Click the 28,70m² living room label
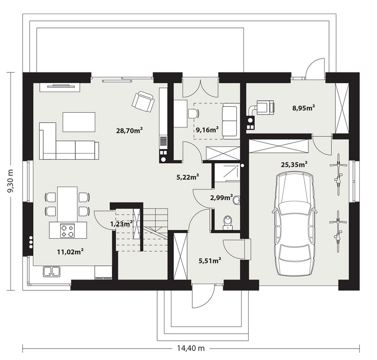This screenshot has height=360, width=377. pos(130,130)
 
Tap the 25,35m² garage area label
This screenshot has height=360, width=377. pos(294,164)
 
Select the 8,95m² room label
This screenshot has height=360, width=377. pos(304,108)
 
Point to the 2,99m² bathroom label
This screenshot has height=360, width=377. pos(221,198)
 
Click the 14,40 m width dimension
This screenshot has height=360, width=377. pos(191,348)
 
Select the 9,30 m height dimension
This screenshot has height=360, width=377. pos(10,180)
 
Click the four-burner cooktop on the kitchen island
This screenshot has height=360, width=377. pos(67,230)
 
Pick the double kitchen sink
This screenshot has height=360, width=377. pos(52,272)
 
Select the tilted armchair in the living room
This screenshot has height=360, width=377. pos(143,102)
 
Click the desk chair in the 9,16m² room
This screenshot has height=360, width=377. pos(194,114)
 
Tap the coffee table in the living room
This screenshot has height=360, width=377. pos(79,122)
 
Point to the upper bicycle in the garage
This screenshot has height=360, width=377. pos(338,174)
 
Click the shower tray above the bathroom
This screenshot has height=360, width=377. pos(227,171)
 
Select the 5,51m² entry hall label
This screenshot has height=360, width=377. pos(210,260)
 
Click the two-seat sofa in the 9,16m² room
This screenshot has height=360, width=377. pos(231,121)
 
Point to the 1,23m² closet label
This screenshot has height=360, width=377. pos(122,224)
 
